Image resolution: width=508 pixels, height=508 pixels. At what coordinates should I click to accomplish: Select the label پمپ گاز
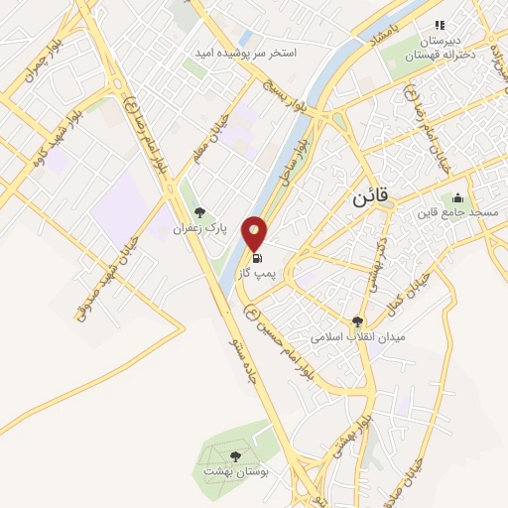point(257,273)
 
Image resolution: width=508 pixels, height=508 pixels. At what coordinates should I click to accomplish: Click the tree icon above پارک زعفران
point(200,211)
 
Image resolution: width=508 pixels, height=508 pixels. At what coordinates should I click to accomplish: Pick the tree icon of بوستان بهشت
point(235,455)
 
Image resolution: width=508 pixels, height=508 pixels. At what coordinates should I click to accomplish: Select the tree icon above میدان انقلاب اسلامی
point(358,320)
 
